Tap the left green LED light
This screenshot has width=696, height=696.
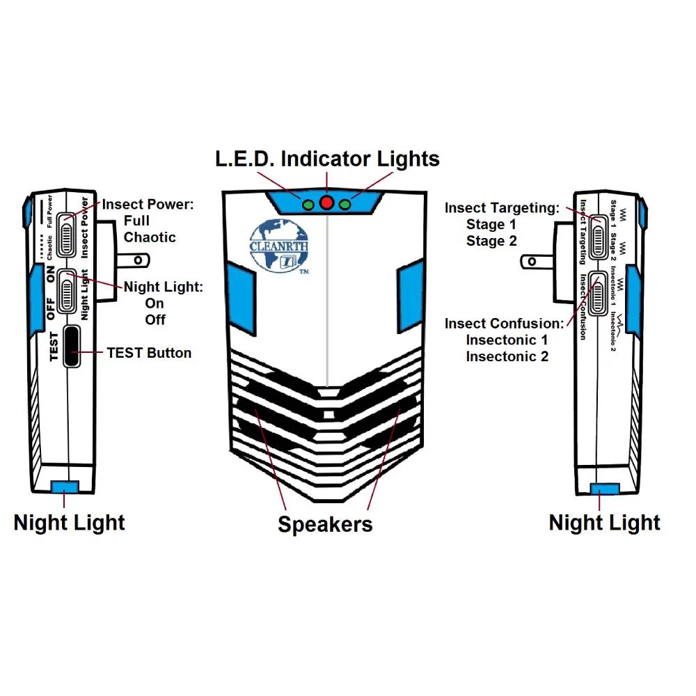[x=307, y=205]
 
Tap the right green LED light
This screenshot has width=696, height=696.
[x=345, y=205]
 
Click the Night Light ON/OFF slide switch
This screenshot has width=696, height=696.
[x=68, y=292]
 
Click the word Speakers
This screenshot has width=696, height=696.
[x=325, y=524]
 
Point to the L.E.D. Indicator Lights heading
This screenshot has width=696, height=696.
[x=326, y=159]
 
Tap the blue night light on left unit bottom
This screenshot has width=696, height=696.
[x=65, y=487]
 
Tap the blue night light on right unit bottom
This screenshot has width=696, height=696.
[x=604, y=489]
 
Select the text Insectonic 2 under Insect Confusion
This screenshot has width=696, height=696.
[x=507, y=356]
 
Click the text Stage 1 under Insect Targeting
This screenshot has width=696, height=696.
[x=491, y=224]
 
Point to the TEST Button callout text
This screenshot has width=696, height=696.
[x=149, y=353]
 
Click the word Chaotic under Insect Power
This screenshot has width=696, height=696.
[x=150, y=237]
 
